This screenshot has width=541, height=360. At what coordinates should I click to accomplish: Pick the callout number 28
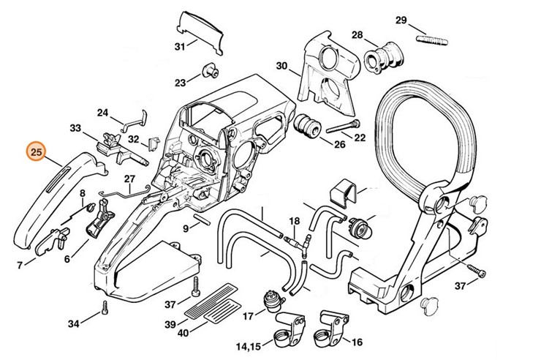[x=357, y=35]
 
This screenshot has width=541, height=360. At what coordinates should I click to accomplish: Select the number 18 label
[x=294, y=220]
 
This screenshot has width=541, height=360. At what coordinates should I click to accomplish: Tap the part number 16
[x=357, y=342]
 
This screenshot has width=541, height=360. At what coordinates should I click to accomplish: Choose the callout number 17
[x=248, y=316]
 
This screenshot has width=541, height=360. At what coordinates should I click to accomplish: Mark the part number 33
[x=75, y=128]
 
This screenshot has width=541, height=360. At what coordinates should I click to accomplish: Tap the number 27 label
[x=129, y=179]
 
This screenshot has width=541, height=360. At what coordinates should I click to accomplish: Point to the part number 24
[x=103, y=113]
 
